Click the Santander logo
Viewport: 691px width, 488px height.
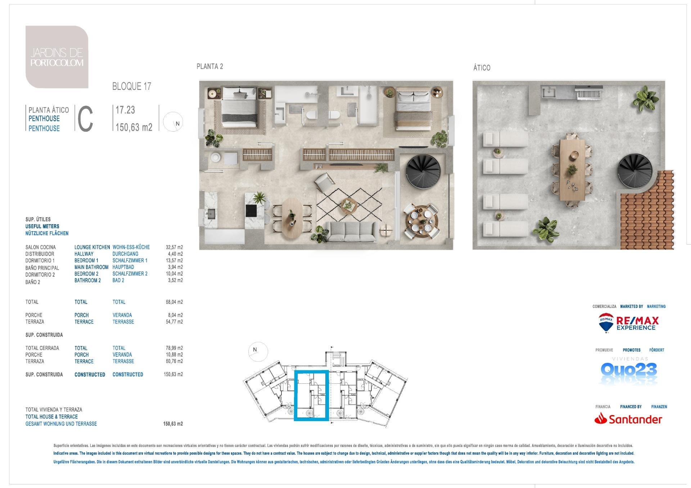628,419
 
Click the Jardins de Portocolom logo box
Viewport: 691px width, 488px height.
57,57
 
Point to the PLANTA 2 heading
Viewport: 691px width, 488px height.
210,67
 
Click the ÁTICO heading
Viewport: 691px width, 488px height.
482,68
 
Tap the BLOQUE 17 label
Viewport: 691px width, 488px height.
132,86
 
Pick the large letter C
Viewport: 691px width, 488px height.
85,119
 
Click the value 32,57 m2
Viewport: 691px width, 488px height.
174,247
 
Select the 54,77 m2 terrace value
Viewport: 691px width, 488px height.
174,322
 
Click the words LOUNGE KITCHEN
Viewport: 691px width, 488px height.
92,247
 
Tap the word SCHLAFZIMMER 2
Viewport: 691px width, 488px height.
130,274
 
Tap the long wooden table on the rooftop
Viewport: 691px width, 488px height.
572,170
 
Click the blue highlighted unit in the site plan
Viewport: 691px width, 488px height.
311,395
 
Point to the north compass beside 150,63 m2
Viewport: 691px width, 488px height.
173,122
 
